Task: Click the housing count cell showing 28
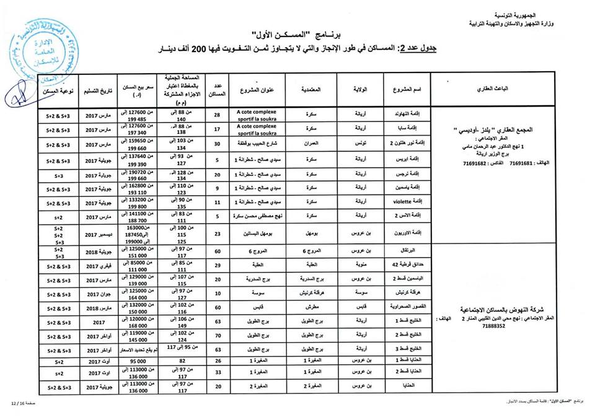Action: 217,115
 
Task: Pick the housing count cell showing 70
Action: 217,335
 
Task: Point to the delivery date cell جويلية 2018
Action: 99,253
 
